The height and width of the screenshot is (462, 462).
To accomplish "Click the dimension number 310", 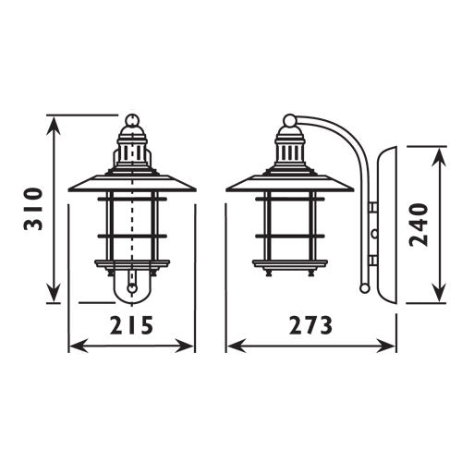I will pyautogui.click(x=31, y=210).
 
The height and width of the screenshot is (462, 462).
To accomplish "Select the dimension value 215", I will pyautogui.click(x=132, y=325).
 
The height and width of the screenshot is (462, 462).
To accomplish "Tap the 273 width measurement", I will pyautogui.click(x=310, y=325).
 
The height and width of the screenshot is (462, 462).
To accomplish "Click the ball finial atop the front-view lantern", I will pyautogui.click(x=132, y=120).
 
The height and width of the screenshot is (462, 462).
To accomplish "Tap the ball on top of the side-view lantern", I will pyautogui.click(x=290, y=120).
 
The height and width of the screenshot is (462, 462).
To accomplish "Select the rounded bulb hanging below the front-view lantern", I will pyautogui.click(x=132, y=288).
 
